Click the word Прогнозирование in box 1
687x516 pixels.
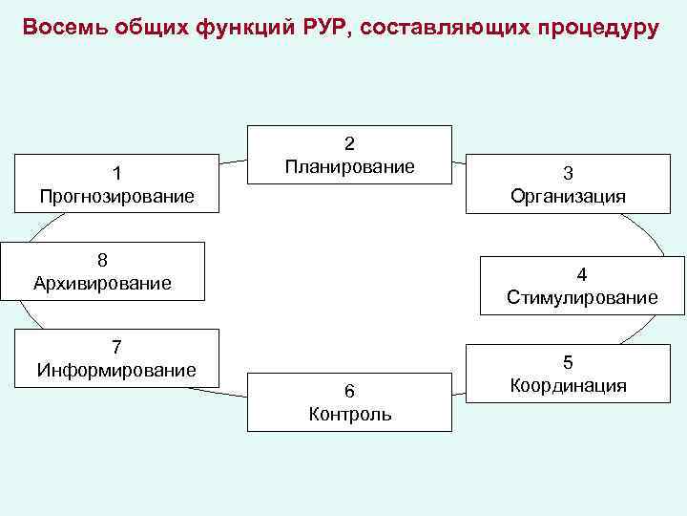coord(117,196)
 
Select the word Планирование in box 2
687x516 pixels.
coord(349,167)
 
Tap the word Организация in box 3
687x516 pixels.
coord(568,197)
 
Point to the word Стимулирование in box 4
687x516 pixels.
coord(582,298)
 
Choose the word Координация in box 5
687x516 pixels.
coord(568,385)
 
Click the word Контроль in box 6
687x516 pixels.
coord(350,414)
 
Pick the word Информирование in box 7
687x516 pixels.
coord(116,370)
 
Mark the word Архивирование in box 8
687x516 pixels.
coord(102,283)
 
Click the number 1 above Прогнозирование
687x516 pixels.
coord(116,173)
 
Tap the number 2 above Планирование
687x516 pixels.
coord(349,144)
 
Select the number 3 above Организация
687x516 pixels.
coord(568,174)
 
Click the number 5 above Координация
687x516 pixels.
coord(568,362)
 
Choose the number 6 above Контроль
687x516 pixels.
coord(350,391)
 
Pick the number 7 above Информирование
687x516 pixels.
coord(116,347)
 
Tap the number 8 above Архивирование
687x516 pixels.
coord(102,260)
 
